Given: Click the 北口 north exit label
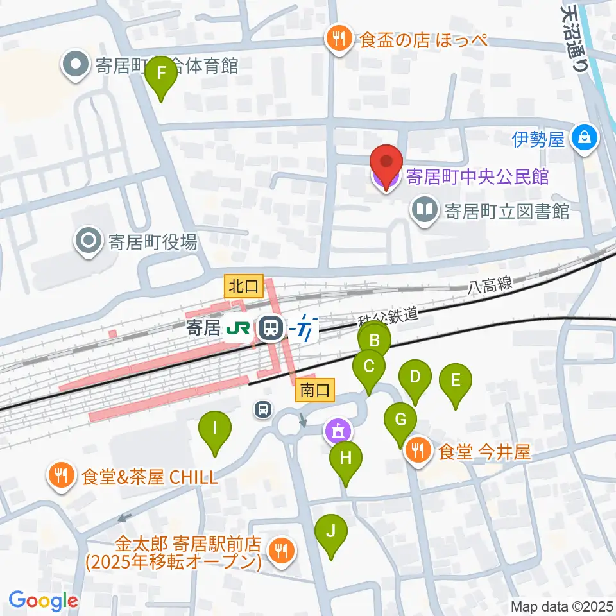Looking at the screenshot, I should (x=244, y=287).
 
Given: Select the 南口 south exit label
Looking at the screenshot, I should (x=316, y=389).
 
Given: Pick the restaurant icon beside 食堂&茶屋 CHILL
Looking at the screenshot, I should (x=61, y=476).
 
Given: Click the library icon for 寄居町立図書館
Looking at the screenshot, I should (x=424, y=210).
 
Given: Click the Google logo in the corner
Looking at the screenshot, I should (x=43, y=601).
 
